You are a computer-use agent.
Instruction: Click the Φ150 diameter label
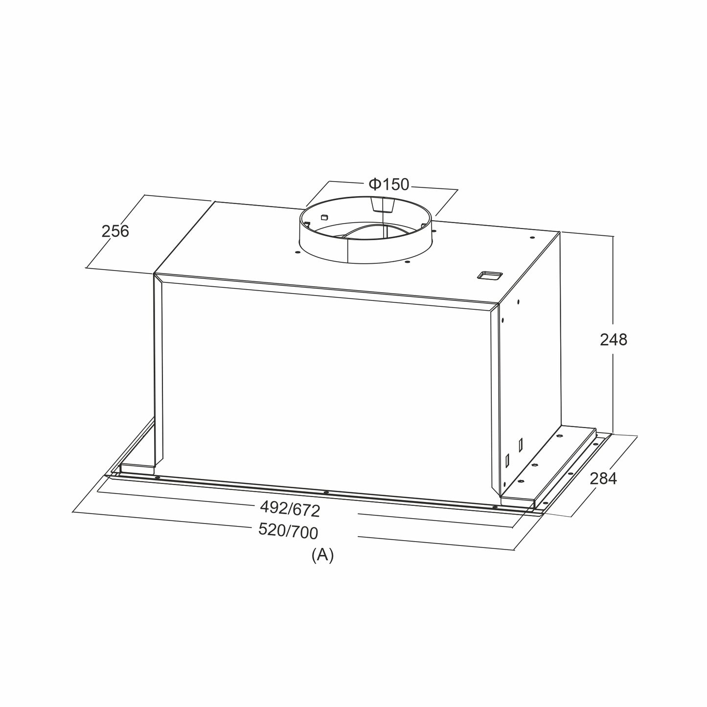(389, 184)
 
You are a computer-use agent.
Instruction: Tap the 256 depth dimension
(115, 231)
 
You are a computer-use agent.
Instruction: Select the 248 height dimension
(614, 340)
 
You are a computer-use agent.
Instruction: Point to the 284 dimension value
(603, 479)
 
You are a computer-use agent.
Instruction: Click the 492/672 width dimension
(290, 509)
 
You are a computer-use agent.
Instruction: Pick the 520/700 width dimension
(288, 531)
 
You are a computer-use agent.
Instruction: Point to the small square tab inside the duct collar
(323, 217)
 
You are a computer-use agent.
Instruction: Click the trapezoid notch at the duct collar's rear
(383, 204)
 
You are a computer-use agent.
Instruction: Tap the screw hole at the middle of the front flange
(326, 492)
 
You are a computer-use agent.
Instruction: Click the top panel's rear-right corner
(560, 232)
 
